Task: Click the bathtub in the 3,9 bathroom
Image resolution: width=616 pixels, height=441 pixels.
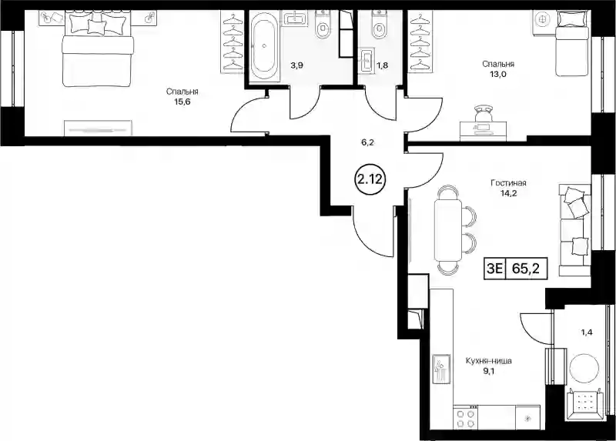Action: click(x=264, y=46)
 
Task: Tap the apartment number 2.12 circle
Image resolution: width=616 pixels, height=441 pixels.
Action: click(x=369, y=179)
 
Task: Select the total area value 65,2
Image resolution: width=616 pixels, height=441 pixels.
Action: click(x=525, y=269)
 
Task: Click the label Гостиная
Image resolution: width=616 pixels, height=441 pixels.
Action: click(x=508, y=183)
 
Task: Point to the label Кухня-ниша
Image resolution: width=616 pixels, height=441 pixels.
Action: click(x=488, y=360)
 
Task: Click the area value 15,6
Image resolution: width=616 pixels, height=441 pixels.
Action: click(x=182, y=102)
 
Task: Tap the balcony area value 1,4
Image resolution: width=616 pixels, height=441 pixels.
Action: click(x=587, y=332)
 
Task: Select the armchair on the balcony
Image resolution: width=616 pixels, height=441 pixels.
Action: click(x=584, y=401)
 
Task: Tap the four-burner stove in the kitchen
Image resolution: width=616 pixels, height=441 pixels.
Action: click(x=466, y=417)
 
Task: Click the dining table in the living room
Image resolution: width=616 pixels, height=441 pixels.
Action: click(x=448, y=228)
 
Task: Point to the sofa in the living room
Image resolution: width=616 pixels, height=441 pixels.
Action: click(x=574, y=229)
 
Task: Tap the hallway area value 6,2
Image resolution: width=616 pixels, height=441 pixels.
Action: click(x=367, y=142)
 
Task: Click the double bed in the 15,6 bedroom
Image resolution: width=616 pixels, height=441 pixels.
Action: click(x=98, y=48)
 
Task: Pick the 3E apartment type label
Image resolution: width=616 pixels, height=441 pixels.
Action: click(x=494, y=269)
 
